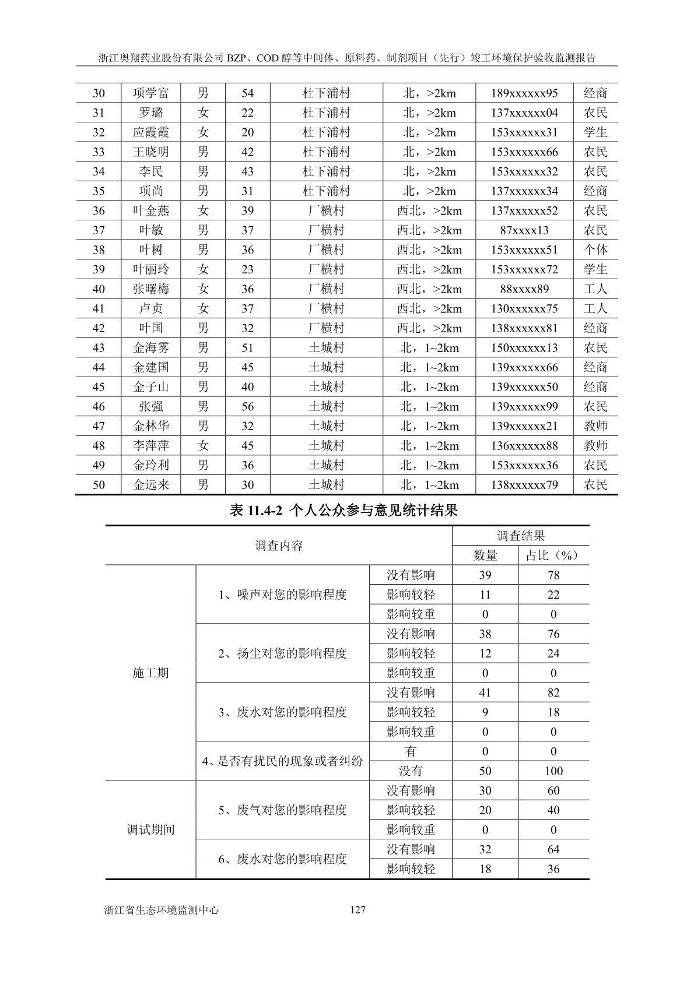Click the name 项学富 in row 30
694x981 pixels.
tap(151, 93)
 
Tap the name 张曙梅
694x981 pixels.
tap(151, 289)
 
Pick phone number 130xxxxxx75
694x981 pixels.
tap(524, 309)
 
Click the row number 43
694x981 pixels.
tap(99, 348)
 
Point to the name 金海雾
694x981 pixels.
tap(151, 348)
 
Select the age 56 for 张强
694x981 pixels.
tap(248, 407)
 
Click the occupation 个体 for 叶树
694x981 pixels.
tap(595, 250)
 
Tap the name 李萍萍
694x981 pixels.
tap(151, 446)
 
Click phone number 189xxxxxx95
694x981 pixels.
tap(524, 93)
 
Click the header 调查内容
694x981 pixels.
tap(279, 546)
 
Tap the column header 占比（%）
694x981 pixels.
tap(553, 555)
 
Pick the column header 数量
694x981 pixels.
tap(485, 555)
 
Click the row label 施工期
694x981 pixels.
tap(150, 673)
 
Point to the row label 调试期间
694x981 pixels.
tap(150, 829)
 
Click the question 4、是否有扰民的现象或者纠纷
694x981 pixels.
tap(282, 761)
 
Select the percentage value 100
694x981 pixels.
tap(553, 771)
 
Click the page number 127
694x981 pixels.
tap(357, 909)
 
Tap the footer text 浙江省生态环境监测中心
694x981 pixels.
tap(161, 909)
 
